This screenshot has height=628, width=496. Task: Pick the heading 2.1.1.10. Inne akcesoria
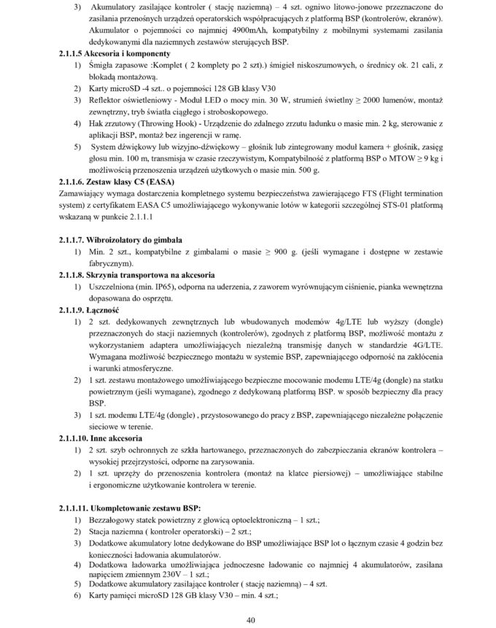[102, 438]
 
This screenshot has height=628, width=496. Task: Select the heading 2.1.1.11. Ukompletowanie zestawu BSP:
[130, 507]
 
